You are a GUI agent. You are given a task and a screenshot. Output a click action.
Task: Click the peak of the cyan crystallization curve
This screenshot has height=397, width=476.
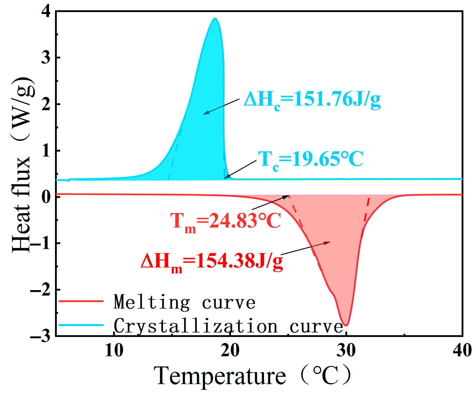click(215, 19)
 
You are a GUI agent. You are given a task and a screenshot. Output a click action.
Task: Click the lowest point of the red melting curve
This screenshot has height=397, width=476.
click(346, 325)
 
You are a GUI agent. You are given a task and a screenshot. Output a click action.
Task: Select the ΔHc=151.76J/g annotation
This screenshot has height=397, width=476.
click(312, 100)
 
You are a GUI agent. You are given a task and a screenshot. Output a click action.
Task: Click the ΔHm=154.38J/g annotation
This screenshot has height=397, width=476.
click(211, 262)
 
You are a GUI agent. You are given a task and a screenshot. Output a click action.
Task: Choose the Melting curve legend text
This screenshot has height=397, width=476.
click(185, 302)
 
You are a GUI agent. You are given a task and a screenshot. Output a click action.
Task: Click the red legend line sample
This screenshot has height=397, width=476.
click(81, 301)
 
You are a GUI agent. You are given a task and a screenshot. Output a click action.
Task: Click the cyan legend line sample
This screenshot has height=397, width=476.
click(81, 325)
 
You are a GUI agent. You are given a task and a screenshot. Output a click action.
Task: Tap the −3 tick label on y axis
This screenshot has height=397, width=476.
click(40, 336)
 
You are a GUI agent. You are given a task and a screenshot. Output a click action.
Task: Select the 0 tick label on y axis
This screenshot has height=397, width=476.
click(46, 197)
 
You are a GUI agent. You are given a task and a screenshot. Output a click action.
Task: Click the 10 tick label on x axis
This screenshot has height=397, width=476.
click(114, 350)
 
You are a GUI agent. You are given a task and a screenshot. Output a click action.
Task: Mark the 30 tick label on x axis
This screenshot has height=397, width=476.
click(346, 350)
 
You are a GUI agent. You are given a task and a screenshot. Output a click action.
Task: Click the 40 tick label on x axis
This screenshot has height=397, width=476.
click(462, 350)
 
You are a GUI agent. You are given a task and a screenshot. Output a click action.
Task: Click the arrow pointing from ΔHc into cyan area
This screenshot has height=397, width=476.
click(221, 107)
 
